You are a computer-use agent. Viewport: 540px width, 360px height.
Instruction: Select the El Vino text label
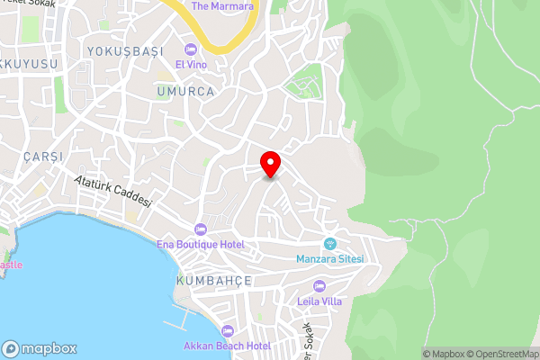pyautogui.click(x=191, y=65)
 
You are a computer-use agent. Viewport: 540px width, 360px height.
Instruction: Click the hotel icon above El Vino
pyautogui.click(x=191, y=49)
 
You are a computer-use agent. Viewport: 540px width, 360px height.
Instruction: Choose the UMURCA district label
pyautogui.click(x=184, y=92)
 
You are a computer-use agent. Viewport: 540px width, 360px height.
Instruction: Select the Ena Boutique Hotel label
pyautogui.click(x=200, y=245)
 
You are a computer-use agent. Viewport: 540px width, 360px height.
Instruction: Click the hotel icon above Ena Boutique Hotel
pyautogui.click(x=200, y=229)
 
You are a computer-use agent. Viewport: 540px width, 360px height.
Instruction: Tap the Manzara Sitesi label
pyautogui.click(x=329, y=259)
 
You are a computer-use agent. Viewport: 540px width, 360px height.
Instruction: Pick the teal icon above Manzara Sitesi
pyautogui.click(x=329, y=243)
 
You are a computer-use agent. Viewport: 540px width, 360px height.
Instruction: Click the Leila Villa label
pyautogui.click(x=320, y=301)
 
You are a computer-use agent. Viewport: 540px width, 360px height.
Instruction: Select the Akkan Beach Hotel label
pyautogui.click(x=227, y=346)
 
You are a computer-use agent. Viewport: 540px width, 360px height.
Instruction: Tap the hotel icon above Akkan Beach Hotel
pyautogui.click(x=227, y=330)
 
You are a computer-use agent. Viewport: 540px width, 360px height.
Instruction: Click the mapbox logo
pyautogui.click(x=40, y=348)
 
